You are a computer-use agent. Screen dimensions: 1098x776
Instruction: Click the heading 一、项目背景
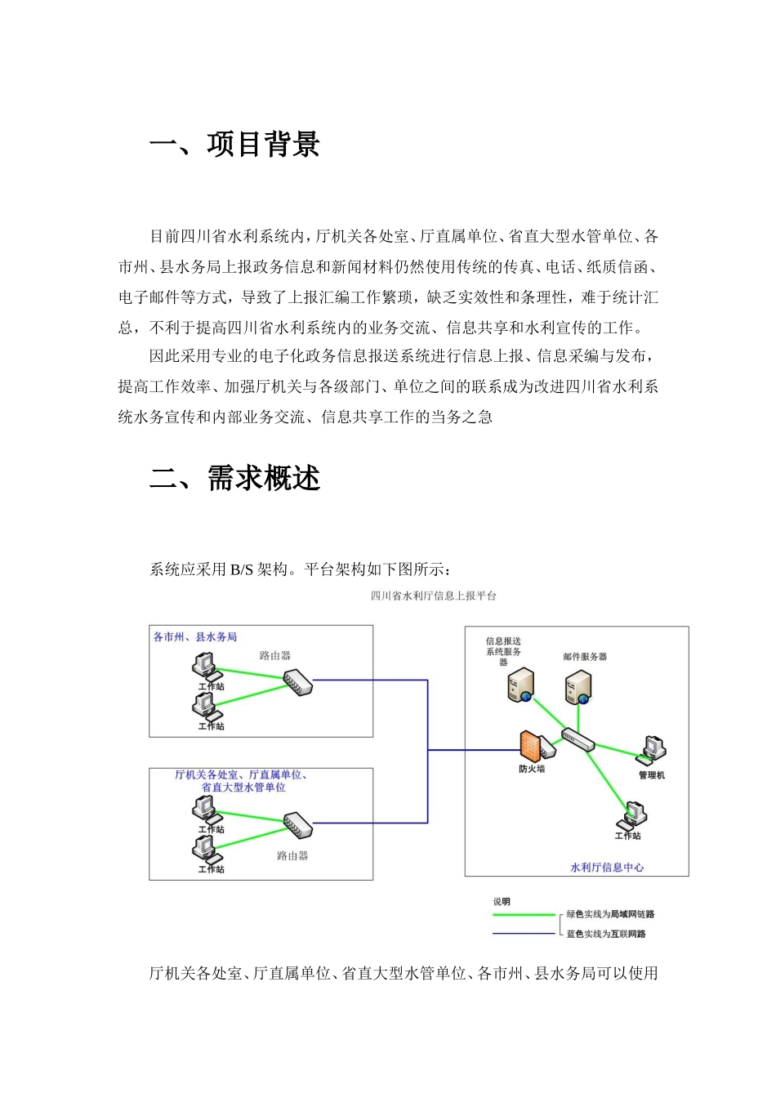[x=234, y=145]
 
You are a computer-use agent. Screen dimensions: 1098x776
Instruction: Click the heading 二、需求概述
[x=234, y=478]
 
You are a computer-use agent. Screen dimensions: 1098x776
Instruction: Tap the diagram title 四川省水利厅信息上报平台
[x=433, y=596]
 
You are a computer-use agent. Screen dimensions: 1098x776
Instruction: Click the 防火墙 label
[x=532, y=769]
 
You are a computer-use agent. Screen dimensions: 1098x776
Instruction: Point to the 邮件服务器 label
[x=585, y=657]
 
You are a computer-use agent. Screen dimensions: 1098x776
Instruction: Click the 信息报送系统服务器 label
[x=503, y=651]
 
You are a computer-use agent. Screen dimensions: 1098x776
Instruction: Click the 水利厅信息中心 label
[x=606, y=868]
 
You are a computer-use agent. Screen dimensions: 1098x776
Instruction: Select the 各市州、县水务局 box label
[x=195, y=637]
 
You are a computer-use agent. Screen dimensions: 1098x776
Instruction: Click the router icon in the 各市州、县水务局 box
[x=297, y=681]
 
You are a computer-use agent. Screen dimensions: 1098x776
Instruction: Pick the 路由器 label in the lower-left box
[x=292, y=856]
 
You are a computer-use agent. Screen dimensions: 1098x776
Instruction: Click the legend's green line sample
[x=524, y=915]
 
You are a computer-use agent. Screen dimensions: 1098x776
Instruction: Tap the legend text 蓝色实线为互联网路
[x=606, y=934]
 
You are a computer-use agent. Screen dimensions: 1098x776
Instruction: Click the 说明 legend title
[x=502, y=902]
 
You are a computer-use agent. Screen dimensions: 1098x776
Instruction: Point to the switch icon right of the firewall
[x=578, y=740]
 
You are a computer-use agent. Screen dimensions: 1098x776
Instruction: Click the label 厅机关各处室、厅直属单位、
[x=241, y=774]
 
